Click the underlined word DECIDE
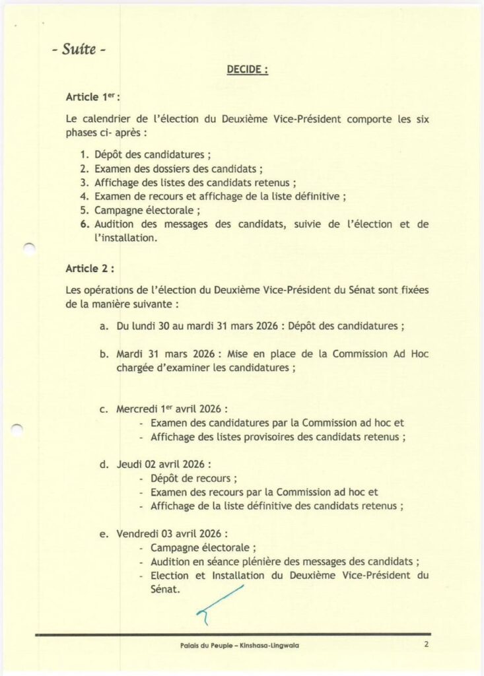point(248,69)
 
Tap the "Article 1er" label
point(92,97)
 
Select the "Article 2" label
point(90,269)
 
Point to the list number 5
point(84,211)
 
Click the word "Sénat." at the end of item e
point(165,589)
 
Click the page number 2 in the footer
point(427,644)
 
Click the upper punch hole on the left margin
point(28,249)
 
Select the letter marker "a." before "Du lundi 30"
point(104,326)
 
